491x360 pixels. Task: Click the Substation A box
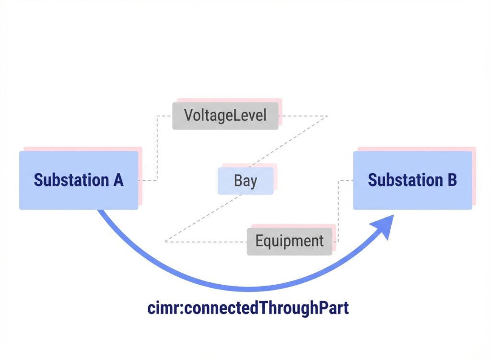point(78,180)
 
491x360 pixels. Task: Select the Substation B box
point(412,180)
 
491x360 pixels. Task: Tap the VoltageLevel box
point(225,116)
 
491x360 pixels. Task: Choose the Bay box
point(245,181)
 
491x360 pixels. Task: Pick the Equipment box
point(289,241)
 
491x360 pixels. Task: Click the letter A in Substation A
point(118,180)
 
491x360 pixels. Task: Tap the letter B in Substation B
point(451,180)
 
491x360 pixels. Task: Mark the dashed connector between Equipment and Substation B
point(339,211)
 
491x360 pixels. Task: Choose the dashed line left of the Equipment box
point(206,242)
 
